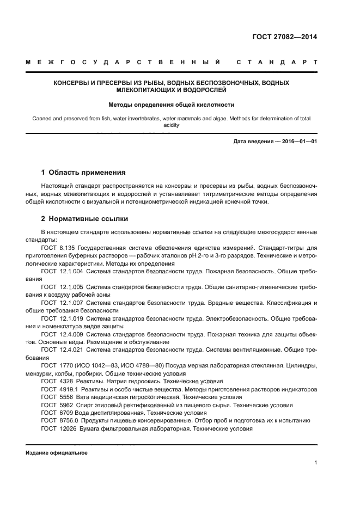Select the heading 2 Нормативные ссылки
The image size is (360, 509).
pos(84,219)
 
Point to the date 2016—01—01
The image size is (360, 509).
pos(297,142)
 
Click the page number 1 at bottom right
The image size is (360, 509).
pos(316,463)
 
